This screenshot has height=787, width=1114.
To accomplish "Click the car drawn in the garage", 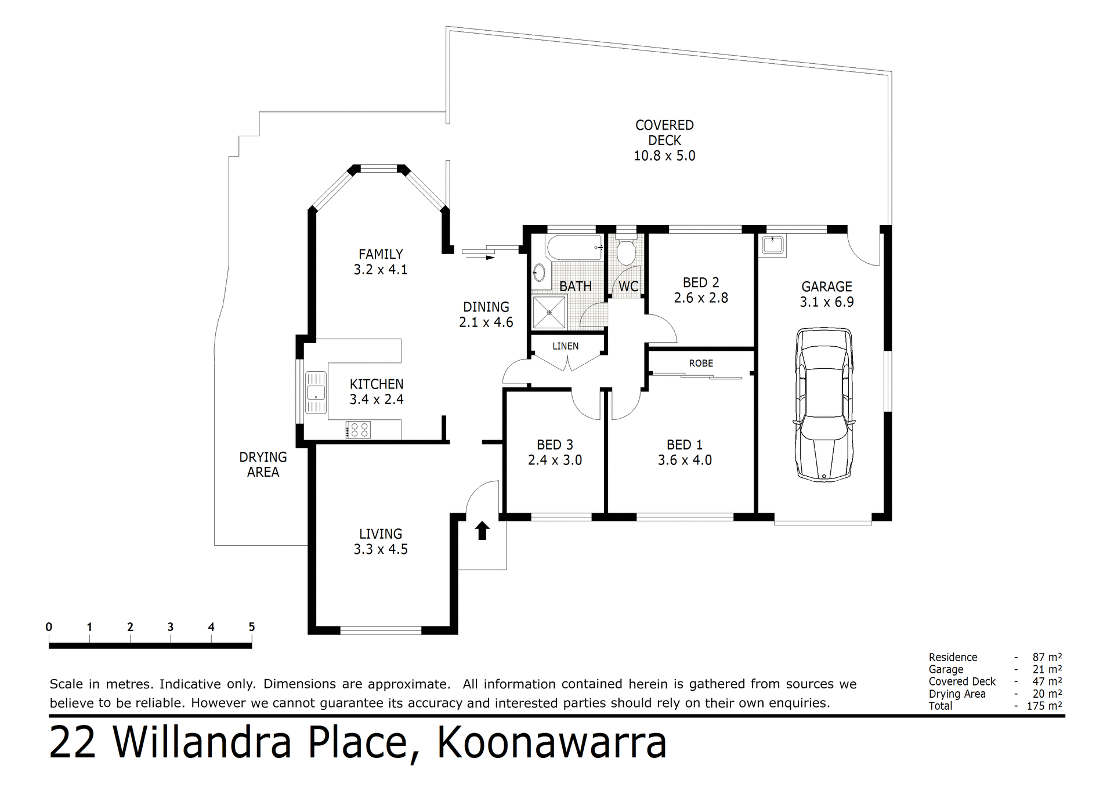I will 824,404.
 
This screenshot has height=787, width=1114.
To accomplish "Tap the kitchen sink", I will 316,393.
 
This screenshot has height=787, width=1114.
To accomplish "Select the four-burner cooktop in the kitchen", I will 358,430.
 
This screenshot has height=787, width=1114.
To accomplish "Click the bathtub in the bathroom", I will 575,248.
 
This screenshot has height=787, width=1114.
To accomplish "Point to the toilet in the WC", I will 625,251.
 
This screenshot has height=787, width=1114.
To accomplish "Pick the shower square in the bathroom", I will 549,312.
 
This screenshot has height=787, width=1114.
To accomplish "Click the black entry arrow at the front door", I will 482,530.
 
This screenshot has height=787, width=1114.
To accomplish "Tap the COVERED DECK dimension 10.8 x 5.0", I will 664,155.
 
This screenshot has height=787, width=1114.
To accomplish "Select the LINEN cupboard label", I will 565,346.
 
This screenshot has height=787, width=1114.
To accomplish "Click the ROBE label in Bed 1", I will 701,363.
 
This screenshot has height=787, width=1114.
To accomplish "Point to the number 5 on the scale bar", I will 251,627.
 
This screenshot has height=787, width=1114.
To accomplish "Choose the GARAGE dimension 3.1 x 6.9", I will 826,302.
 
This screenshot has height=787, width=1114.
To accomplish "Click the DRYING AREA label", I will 263,465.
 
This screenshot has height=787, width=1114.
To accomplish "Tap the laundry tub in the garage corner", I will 773,245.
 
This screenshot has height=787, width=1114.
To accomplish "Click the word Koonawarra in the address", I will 551,744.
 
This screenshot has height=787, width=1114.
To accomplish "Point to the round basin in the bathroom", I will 539,272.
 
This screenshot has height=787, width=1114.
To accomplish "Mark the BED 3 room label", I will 555,445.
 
